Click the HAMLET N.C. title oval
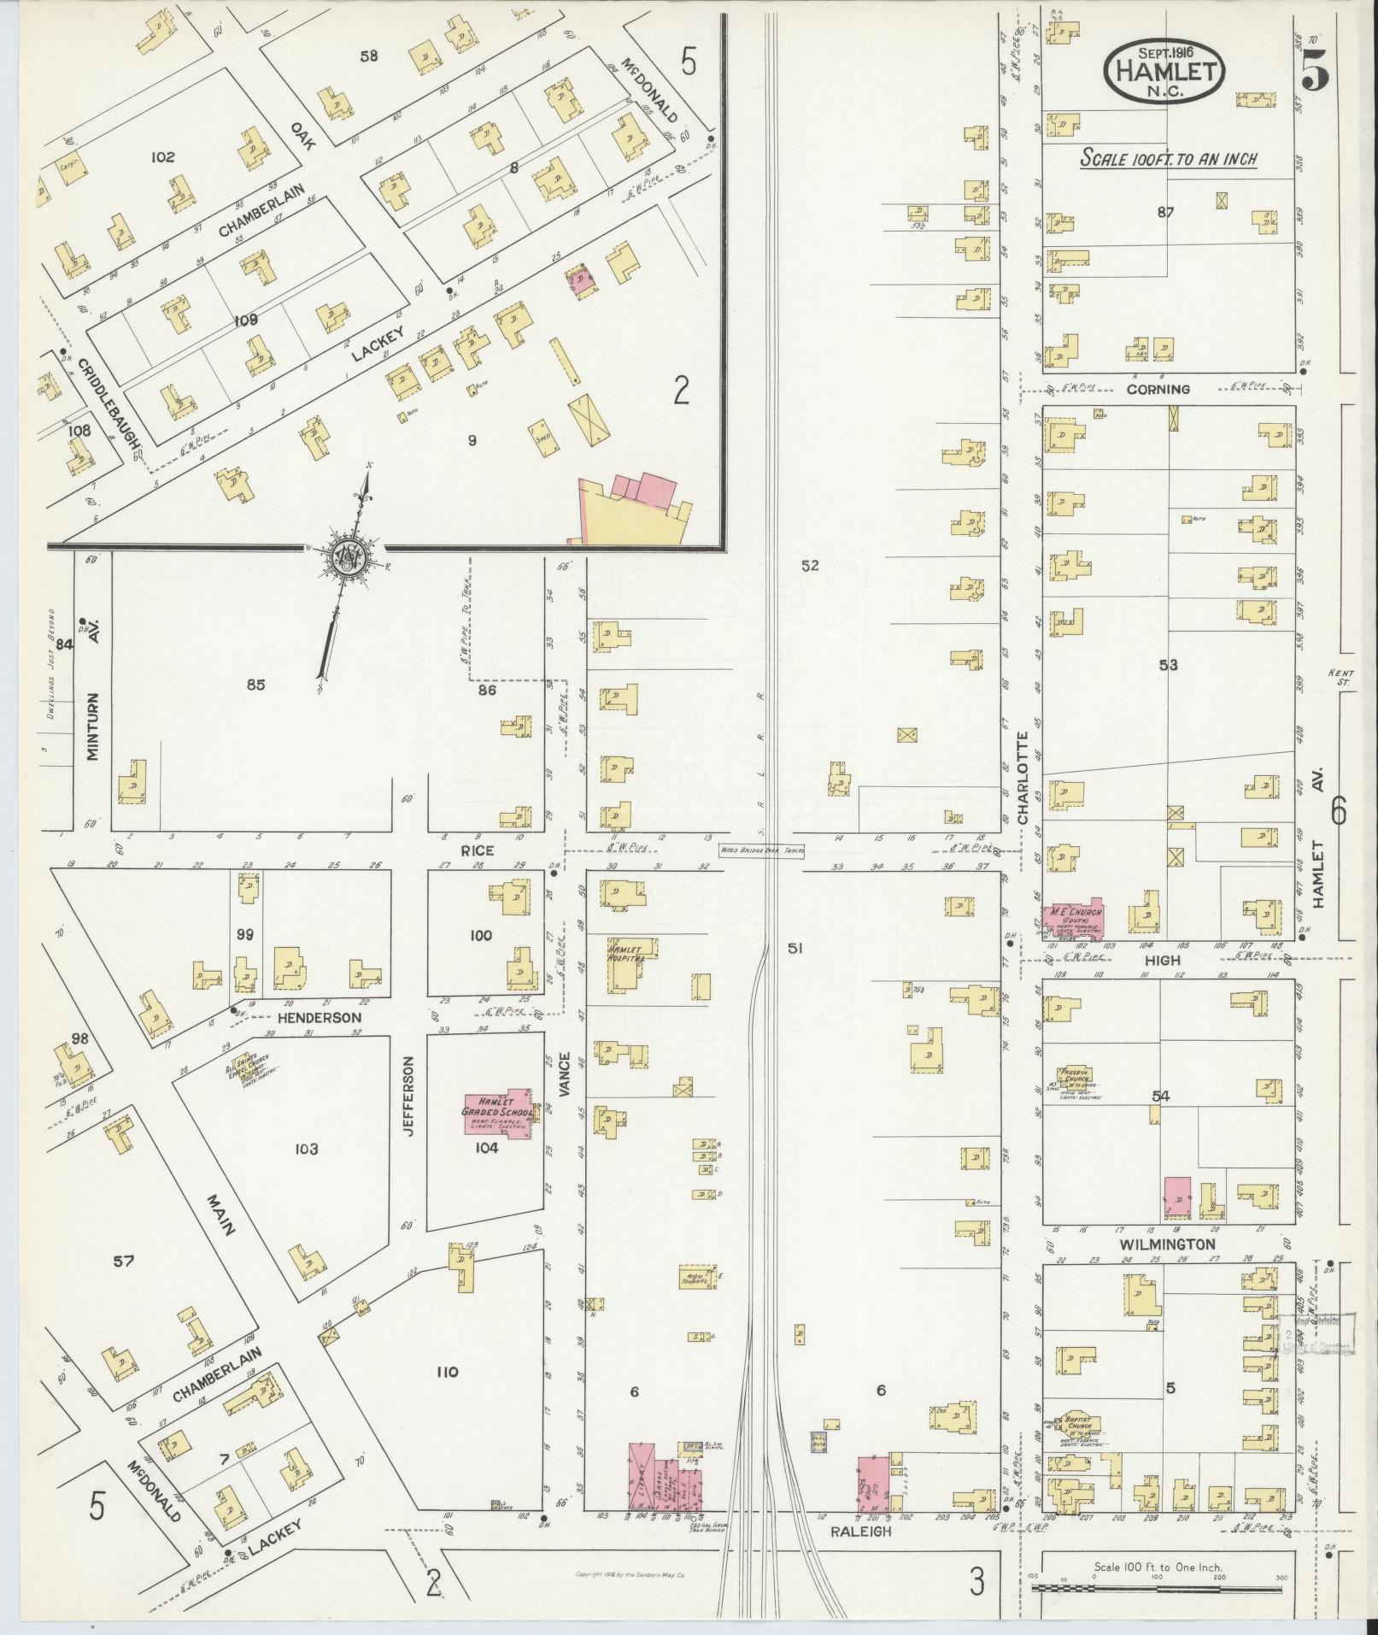[1164, 70]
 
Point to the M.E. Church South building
[1072, 920]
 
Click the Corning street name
[1158, 389]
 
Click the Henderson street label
[320, 1017]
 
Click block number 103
[306, 1149]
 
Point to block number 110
[447, 1373]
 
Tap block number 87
[1166, 213]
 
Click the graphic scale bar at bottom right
[1158, 1587]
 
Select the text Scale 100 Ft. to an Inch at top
[1168, 159]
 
